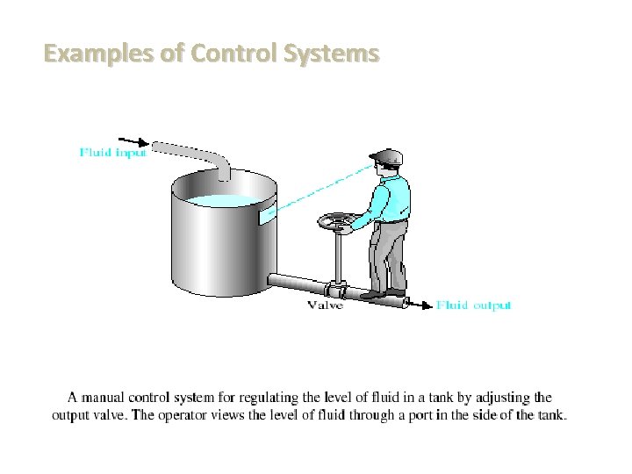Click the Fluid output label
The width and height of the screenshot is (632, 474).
[x=474, y=305]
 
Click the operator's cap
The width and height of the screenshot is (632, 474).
[x=387, y=156]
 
